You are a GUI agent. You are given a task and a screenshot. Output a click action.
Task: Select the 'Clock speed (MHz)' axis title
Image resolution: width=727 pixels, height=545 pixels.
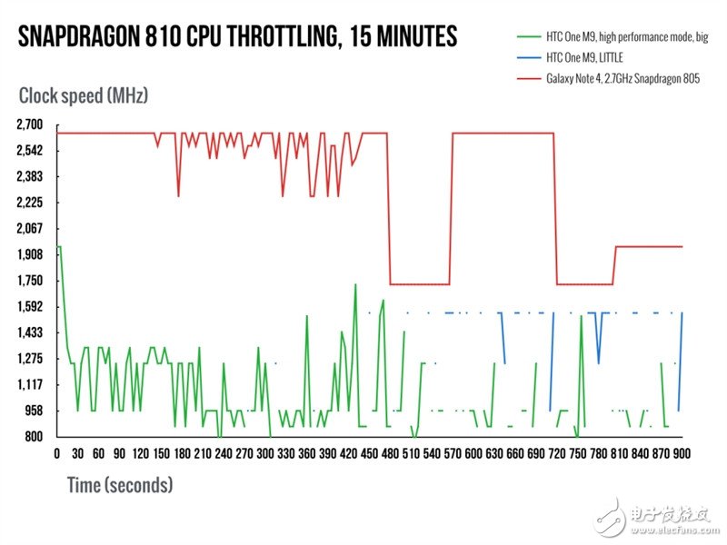[x=83, y=94]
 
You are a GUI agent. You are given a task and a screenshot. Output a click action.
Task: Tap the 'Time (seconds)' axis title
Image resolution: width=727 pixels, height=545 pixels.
[x=119, y=485]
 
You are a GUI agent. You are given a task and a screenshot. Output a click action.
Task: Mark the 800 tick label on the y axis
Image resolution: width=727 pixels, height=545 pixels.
[x=35, y=437]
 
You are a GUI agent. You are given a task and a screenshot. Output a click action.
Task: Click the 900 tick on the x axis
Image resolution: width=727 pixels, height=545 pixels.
[x=682, y=453]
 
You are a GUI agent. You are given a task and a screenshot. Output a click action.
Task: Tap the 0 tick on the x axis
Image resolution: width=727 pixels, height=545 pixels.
[x=57, y=453]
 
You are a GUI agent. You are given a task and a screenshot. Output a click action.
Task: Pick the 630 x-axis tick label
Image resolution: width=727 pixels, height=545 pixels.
[x=494, y=453]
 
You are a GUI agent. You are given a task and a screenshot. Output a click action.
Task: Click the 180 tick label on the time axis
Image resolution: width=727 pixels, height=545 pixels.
[x=182, y=453]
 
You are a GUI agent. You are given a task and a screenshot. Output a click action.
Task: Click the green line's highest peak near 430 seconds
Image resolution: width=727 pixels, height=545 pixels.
[x=354, y=285]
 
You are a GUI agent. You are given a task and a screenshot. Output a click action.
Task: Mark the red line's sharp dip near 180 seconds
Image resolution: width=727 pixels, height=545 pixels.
[x=178, y=195]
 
